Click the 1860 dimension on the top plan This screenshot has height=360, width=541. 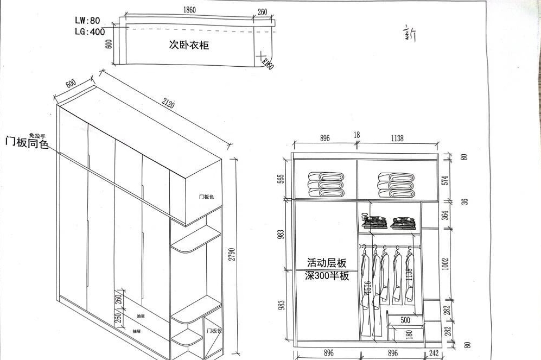pos(190,10)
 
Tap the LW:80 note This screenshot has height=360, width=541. pos(87,21)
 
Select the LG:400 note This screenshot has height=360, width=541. pos(90,31)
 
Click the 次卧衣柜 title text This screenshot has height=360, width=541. pos(188,45)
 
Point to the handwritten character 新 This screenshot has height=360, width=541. pos(410,34)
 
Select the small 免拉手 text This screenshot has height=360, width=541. pos(37,135)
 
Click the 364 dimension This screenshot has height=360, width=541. pos(445,214)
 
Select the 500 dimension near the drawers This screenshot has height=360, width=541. pos(405,320)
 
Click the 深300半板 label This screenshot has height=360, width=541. pos(327,276)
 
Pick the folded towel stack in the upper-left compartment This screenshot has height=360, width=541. pos(326,185)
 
